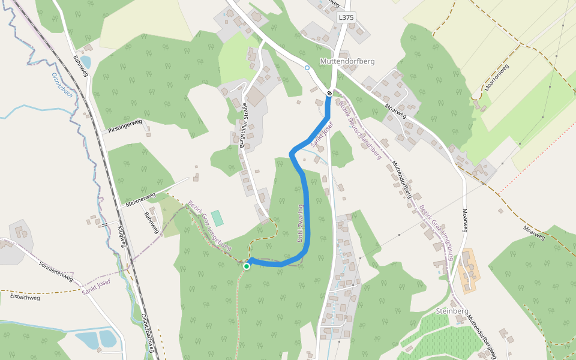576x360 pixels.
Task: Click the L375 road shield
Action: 346,18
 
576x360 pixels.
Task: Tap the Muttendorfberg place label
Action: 347,62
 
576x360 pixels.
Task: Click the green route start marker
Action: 247,266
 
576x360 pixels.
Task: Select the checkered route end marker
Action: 329,93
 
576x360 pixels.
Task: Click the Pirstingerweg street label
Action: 125,126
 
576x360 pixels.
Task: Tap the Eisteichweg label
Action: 25,297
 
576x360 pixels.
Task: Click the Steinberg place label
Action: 452,312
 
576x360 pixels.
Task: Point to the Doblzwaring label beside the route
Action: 301,223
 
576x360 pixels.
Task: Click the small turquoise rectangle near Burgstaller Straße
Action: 217,218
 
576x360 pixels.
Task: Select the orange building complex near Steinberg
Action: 468,271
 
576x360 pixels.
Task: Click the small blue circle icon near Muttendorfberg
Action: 307,67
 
